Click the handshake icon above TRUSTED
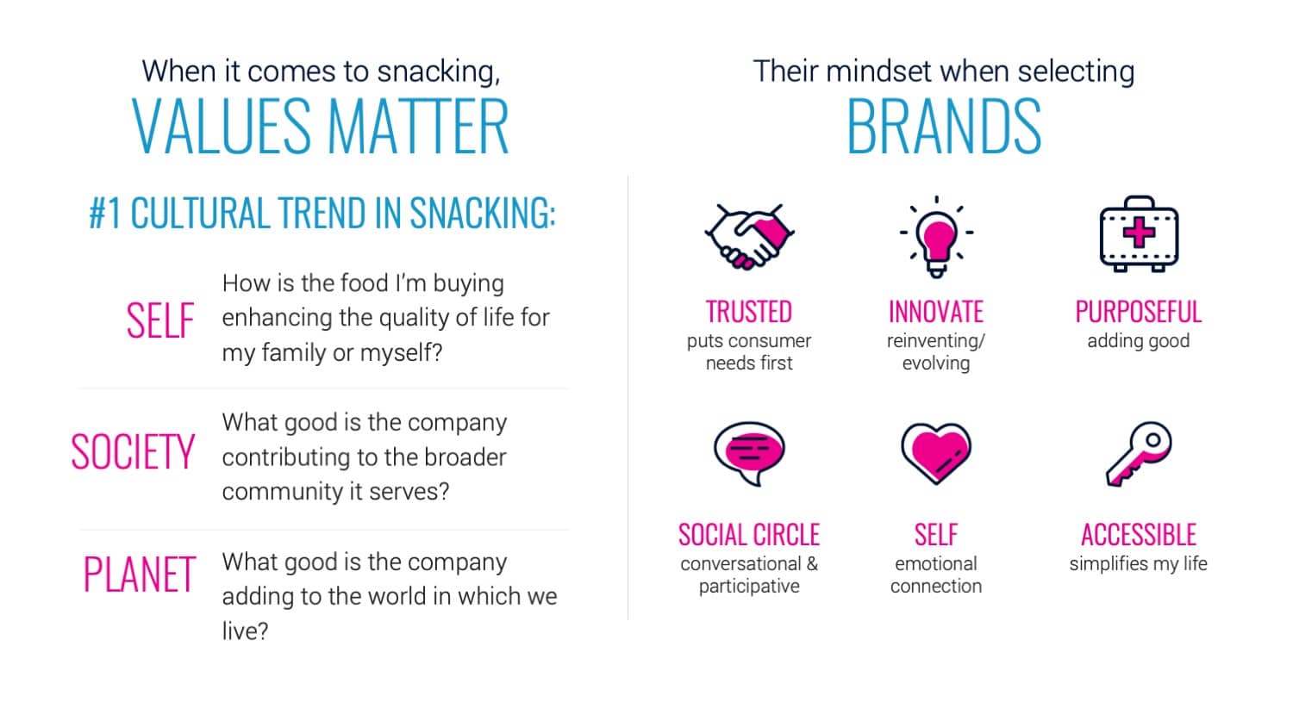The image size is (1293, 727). pos(749,236)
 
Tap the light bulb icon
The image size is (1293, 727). pos(936,237)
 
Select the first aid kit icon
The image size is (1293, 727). pos(1139,233)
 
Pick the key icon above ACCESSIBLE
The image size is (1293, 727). pos(1139,454)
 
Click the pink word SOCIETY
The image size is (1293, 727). pos(133,451)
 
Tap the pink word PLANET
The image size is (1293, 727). pos(140,574)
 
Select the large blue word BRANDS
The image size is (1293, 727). pos(944,126)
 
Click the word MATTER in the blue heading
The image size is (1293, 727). pos(418,126)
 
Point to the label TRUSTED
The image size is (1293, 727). pos(749,312)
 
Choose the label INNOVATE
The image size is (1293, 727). pos(936,312)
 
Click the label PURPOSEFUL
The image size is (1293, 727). pos(1139,312)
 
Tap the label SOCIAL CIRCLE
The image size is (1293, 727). pos(749,535)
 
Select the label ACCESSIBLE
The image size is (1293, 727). pos(1139,535)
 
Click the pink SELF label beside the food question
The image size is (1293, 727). pos(160,320)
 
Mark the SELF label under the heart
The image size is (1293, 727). pos(936,535)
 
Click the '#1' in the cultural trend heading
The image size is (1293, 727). pos(105,213)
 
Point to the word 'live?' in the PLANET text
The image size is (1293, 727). pos(246,631)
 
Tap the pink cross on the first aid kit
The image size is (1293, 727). pos(1139,233)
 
